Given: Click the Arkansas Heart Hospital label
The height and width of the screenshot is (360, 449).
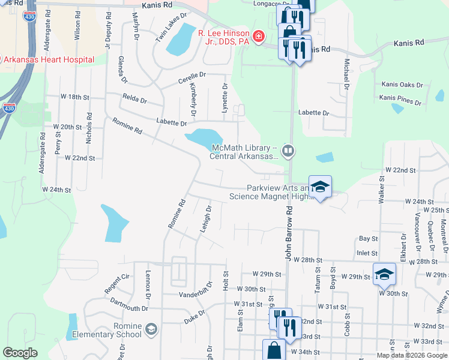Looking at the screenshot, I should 49,59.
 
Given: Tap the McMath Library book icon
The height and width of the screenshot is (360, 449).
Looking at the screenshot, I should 289,151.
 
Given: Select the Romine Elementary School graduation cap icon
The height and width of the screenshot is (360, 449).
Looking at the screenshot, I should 151,329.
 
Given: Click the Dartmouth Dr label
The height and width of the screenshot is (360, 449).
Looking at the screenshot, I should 129,308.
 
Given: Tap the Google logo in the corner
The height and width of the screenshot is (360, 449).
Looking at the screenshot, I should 20,353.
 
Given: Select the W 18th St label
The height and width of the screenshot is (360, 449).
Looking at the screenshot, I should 75,97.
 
